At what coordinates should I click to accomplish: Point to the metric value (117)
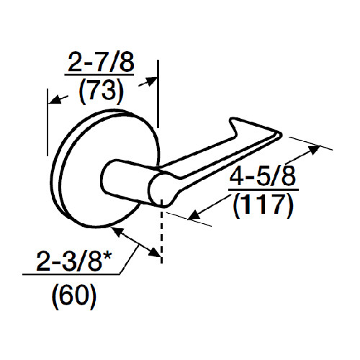pos(264,207)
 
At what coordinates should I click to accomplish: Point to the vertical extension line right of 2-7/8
pos(158,94)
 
